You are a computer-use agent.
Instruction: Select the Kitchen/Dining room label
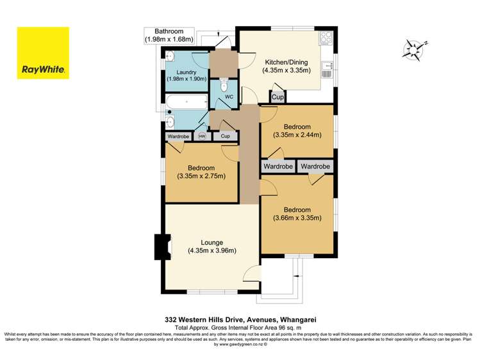pyautogui.click(x=286, y=67)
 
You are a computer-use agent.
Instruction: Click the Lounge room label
pyautogui.click(x=211, y=246)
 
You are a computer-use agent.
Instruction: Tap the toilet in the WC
pyautogui.click(x=224, y=85)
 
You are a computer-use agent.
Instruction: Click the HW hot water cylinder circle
pyautogui.click(x=203, y=136)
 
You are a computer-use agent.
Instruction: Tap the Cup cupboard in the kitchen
pyautogui.click(x=277, y=97)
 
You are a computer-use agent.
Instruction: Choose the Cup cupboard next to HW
pyautogui.click(x=225, y=136)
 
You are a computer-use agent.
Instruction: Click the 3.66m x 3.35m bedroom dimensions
pyautogui.click(x=297, y=218)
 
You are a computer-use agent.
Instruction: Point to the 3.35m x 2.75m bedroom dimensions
pyautogui.click(x=201, y=177)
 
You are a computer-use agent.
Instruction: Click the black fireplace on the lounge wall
pyautogui.click(x=160, y=246)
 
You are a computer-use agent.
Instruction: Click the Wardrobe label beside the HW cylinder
pyautogui.click(x=179, y=136)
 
